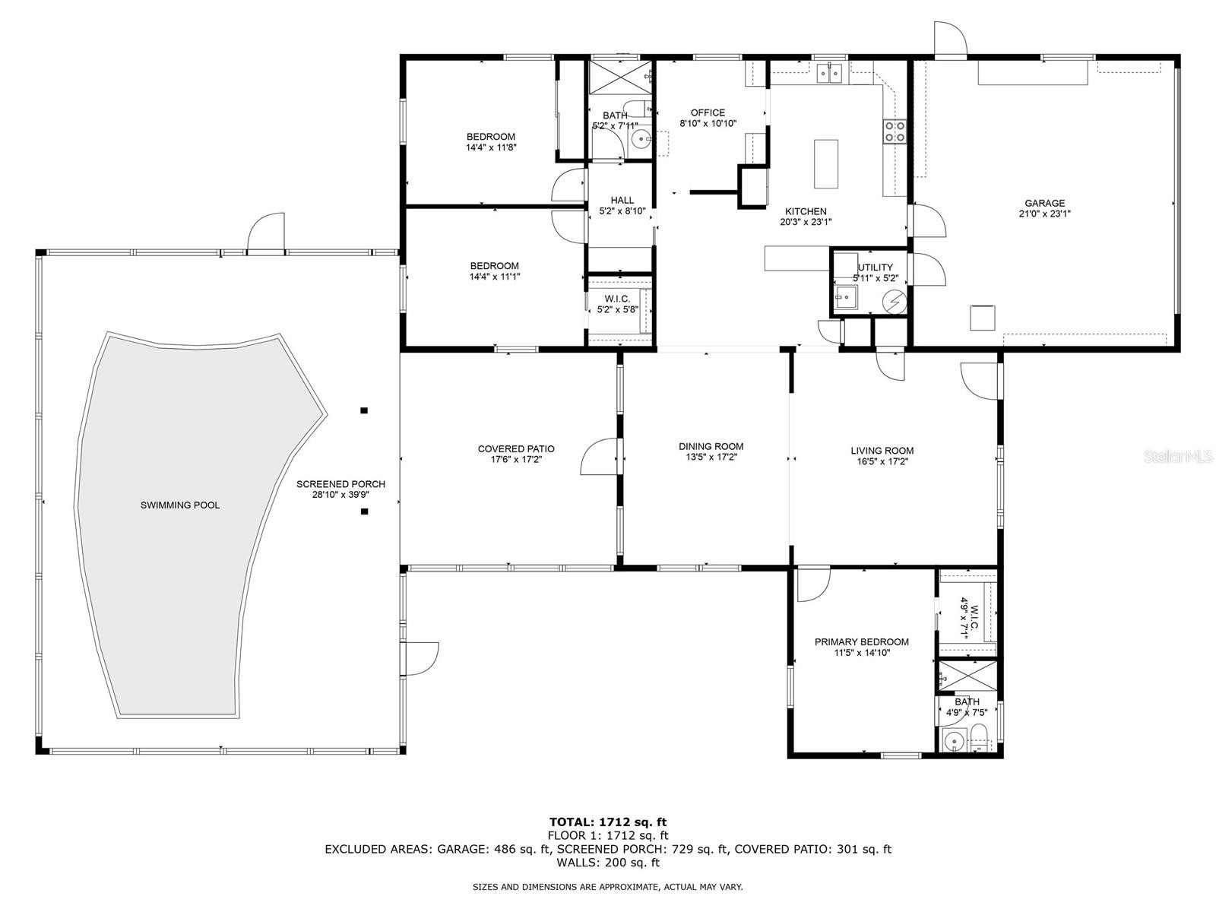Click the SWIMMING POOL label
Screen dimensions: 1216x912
[179, 505]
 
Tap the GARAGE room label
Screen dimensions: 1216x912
[1044, 203]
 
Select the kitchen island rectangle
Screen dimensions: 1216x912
[825, 164]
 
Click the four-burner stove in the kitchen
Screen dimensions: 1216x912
[894, 131]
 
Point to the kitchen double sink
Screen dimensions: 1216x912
[829, 72]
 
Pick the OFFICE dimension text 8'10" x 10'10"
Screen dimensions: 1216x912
[708, 123]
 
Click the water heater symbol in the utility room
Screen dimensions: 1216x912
[894, 302]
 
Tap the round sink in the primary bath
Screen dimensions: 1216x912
[954, 741]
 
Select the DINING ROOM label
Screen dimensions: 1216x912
[711, 446]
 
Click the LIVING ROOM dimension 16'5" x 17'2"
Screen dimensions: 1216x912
[882, 461]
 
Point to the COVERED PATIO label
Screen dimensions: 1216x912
[516, 448]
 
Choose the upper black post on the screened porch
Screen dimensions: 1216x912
[364, 410]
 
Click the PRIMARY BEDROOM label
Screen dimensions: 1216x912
[861, 641]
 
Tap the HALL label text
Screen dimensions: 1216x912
[622, 200]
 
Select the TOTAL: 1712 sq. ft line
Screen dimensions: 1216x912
[608, 822]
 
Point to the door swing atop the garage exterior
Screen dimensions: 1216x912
[950, 39]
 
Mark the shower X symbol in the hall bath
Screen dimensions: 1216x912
[619, 74]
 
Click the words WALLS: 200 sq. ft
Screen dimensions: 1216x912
[608, 862]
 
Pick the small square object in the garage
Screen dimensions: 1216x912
[982, 318]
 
